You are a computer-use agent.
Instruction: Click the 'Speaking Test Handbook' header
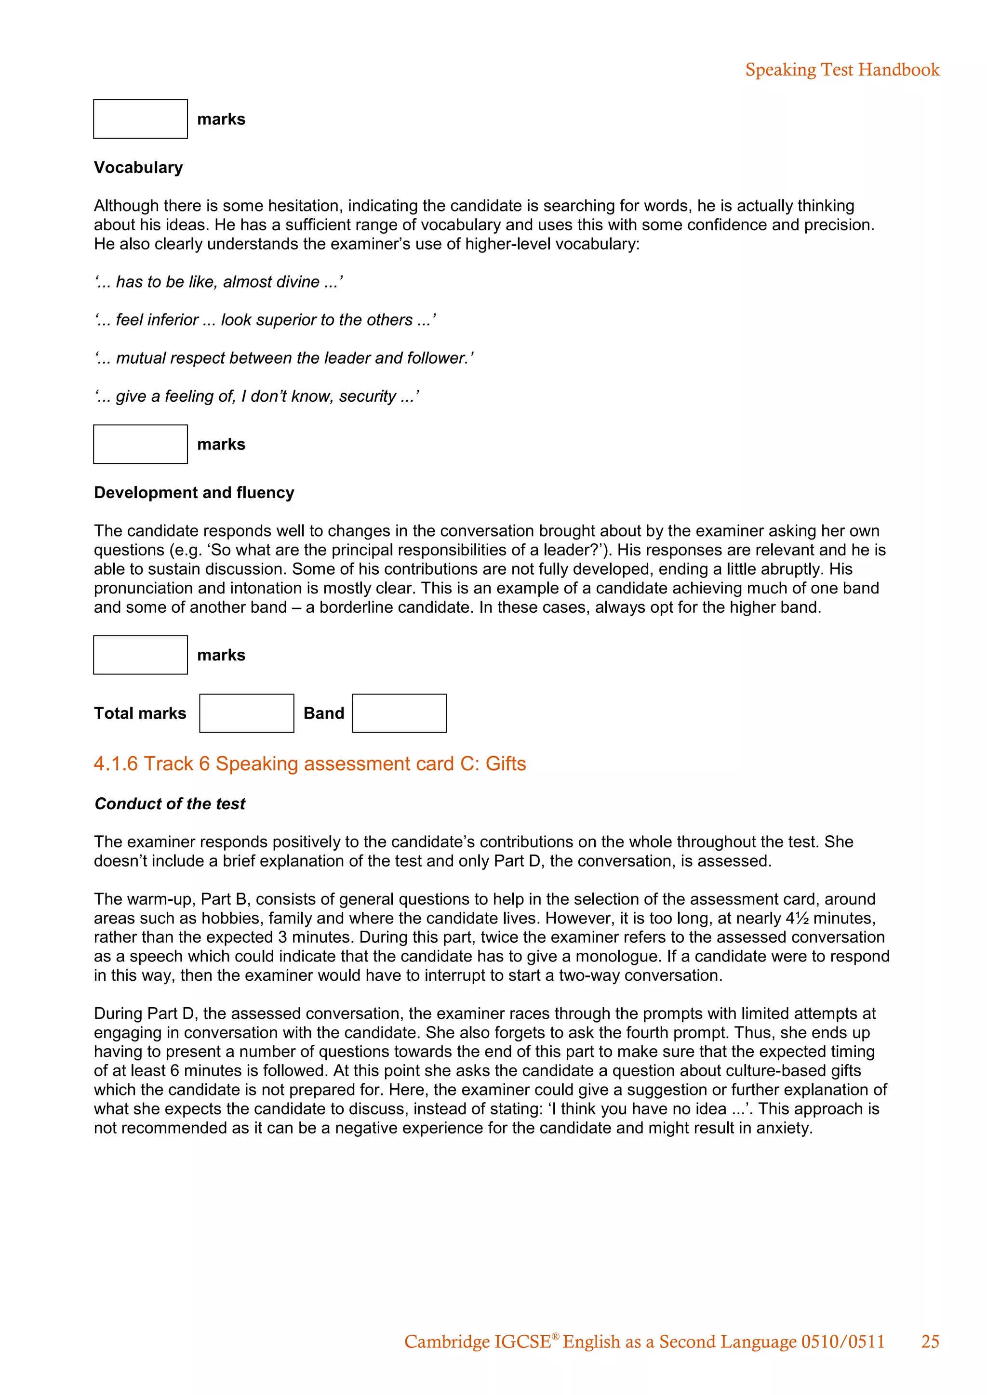pyautogui.click(x=842, y=70)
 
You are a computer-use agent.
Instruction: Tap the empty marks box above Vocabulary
pyautogui.click(x=140, y=119)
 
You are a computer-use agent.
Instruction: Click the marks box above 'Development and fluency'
pyautogui.click(x=140, y=444)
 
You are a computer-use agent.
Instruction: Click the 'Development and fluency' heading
pyautogui.click(x=194, y=493)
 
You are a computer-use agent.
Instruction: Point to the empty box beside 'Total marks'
pyautogui.click(x=246, y=713)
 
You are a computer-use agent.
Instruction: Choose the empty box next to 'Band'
pyautogui.click(x=400, y=713)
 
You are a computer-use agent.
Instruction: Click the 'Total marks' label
pyautogui.click(x=140, y=713)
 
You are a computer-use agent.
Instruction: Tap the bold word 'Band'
pyautogui.click(x=323, y=713)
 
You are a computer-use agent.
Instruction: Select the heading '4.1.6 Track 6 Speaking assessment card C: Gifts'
pyautogui.click(x=309, y=763)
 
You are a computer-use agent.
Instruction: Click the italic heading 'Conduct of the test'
pyautogui.click(x=170, y=804)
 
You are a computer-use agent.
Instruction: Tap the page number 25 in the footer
pyautogui.click(x=930, y=1342)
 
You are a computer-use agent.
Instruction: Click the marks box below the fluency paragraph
pyautogui.click(x=140, y=655)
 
